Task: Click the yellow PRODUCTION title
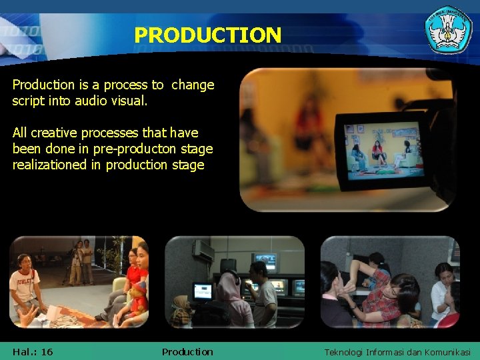pyautogui.click(x=207, y=35)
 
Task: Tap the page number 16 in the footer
pyautogui.click(x=47, y=351)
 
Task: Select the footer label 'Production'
pyautogui.click(x=187, y=351)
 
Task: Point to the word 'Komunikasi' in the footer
pyautogui.click(x=446, y=352)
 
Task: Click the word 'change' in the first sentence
pyautogui.click(x=193, y=85)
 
